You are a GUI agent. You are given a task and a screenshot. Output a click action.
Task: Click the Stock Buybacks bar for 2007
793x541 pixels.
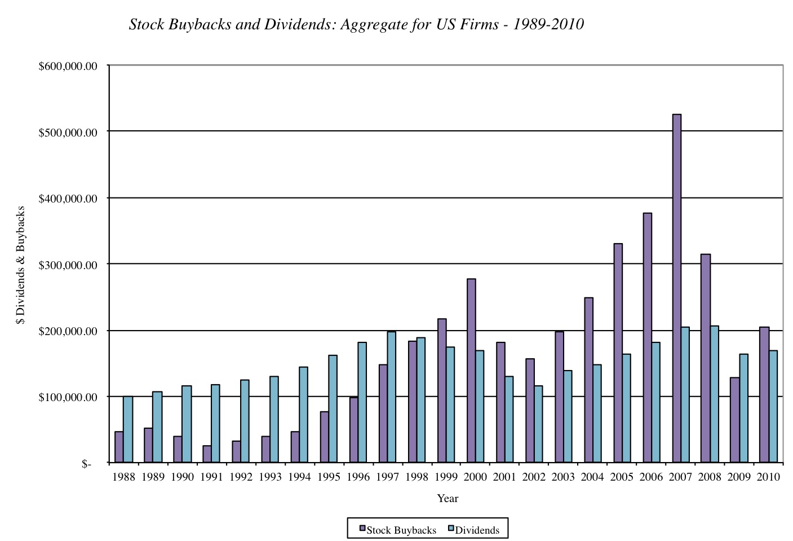click(x=676, y=288)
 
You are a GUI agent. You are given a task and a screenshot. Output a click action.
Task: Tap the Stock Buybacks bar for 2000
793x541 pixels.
click(x=471, y=371)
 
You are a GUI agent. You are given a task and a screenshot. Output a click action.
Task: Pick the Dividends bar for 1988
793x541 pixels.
click(x=128, y=429)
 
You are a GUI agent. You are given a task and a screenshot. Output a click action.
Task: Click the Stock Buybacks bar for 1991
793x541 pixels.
click(x=207, y=454)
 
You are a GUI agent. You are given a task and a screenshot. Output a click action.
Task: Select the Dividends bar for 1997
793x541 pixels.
click(x=391, y=397)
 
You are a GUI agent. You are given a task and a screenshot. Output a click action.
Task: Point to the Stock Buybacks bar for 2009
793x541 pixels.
click(x=734, y=420)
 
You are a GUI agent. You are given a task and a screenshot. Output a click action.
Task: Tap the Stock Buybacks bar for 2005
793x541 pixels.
click(x=618, y=353)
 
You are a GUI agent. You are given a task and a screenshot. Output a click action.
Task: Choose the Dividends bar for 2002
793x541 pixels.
click(x=538, y=424)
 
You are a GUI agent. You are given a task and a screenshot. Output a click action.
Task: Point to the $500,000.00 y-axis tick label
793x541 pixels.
click(x=68, y=132)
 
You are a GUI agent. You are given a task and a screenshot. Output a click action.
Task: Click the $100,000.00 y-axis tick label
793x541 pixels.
click(x=68, y=397)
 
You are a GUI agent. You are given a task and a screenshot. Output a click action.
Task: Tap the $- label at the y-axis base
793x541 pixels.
click(x=86, y=464)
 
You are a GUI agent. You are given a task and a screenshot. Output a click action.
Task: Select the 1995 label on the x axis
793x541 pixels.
click(x=329, y=477)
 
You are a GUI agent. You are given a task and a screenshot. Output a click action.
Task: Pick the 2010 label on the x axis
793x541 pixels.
click(x=768, y=477)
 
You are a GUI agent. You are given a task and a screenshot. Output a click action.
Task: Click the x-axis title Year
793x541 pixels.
click(x=448, y=498)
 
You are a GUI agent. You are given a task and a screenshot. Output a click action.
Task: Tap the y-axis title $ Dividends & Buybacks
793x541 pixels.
click(x=21, y=265)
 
